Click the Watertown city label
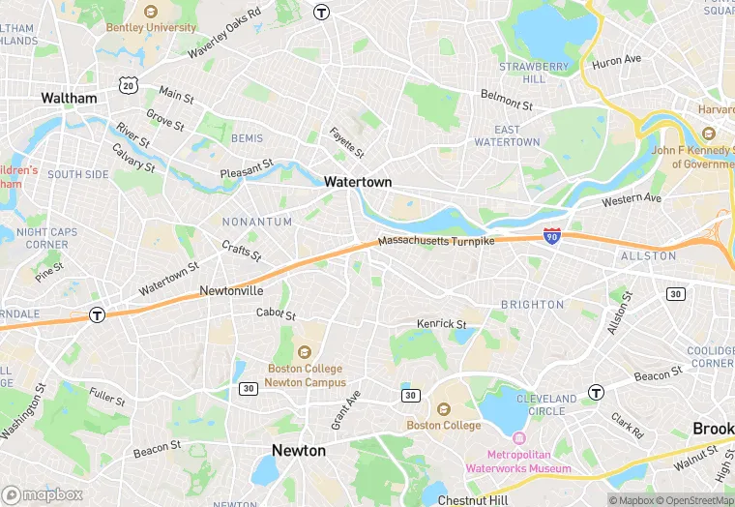pos(358,182)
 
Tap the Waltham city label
pos(69,99)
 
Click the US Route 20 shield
pos(128,85)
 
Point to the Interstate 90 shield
pos(551,235)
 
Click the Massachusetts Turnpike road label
pos(435,240)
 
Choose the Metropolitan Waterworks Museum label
pos(517,462)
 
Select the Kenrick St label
pos(441,323)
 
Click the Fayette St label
pos(347,143)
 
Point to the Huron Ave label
pos(617,60)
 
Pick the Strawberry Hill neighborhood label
pos(534,73)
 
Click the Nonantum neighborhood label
pos(256,222)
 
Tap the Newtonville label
pos(231,290)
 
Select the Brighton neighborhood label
pos(532,305)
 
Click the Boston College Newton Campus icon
pos(305,352)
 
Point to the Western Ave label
pos(631,200)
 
